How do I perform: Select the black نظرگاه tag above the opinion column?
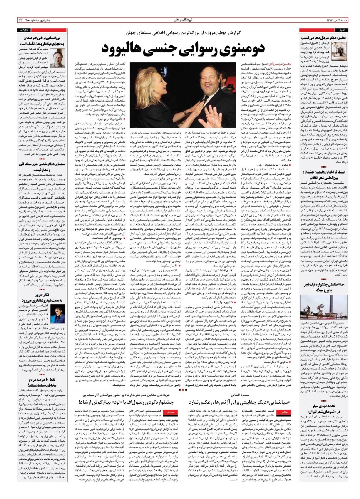22,30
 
